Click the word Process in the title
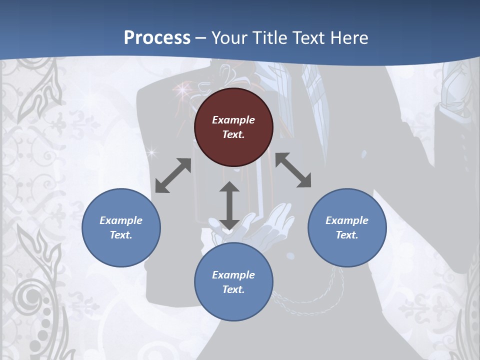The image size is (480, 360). click(x=157, y=37)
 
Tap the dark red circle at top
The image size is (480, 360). click(x=233, y=127)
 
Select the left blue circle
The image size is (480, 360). click(x=121, y=227)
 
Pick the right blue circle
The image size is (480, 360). click(x=347, y=227)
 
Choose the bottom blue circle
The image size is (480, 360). click(x=233, y=282)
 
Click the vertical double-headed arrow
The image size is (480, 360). click(x=229, y=205)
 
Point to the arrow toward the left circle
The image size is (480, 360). click(x=173, y=175)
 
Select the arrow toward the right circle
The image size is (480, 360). click(x=293, y=170)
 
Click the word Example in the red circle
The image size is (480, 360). click(x=233, y=120)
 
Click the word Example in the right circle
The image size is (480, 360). click(x=347, y=220)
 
